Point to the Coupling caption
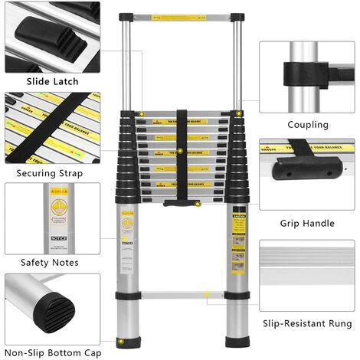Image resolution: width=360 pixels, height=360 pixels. (x=308, y=124)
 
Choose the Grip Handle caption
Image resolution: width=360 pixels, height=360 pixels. (x=308, y=224)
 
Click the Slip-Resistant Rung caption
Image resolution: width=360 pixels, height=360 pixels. (x=308, y=324)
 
